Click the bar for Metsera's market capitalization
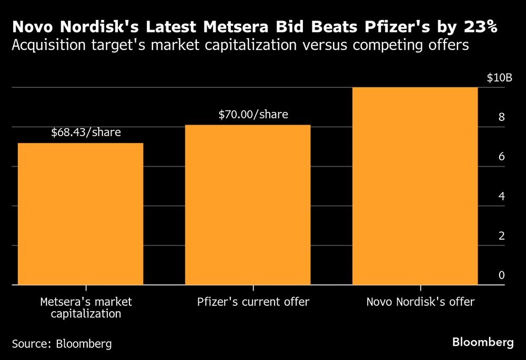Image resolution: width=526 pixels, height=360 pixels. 80,213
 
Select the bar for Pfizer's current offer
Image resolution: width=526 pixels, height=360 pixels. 248,204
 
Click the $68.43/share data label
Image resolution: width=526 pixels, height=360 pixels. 86,132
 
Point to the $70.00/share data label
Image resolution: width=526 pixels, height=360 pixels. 254,115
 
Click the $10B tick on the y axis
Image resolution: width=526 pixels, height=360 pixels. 499,78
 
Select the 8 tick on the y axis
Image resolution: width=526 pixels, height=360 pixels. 501,117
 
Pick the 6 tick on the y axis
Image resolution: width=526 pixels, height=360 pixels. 501,157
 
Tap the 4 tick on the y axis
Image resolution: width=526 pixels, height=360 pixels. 501,197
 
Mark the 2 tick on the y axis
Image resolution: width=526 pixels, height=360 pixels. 501,236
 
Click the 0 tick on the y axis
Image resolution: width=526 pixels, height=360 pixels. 501,275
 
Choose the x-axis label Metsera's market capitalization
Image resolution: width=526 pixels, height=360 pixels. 86,308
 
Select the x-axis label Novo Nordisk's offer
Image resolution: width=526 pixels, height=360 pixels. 420,302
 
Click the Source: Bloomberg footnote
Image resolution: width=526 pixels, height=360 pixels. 62,344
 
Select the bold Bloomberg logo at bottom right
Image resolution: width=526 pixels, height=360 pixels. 483,343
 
